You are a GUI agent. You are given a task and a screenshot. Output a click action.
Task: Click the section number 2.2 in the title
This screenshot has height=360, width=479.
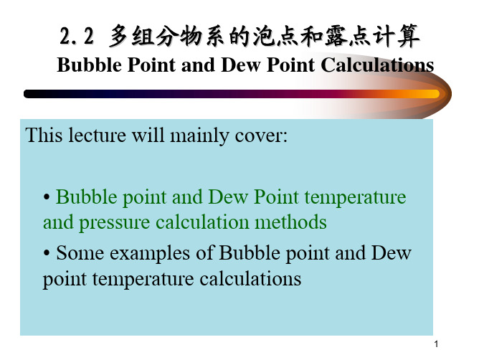click(x=77, y=37)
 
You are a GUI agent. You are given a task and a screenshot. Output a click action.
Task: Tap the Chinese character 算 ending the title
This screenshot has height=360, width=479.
click(x=408, y=36)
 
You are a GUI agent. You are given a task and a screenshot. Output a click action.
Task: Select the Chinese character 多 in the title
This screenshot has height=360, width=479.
click(x=118, y=36)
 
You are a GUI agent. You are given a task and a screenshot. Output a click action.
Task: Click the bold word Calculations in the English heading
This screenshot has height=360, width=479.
click(x=377, y=65)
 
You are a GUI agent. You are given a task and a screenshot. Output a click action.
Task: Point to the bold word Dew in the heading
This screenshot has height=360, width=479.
click(x=241, y=65)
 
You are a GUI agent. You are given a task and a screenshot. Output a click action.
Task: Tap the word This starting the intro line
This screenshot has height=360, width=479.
click(x=44, y=135)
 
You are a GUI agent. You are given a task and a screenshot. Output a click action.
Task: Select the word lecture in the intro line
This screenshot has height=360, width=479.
click(x=97, y=135)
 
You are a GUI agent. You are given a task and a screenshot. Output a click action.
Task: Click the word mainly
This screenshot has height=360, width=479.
click(x=199, y=136)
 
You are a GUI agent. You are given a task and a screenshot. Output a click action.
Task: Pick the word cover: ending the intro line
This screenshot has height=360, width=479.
click(x=261, y=136)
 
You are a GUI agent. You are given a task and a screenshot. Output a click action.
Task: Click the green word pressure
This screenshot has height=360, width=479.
click(x=115, y=223)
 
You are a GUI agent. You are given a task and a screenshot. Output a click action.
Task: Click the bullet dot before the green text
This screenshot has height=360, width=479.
click(x=47, y=196)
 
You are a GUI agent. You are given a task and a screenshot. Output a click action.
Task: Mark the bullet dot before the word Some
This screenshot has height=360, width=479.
click(x=47, y=253)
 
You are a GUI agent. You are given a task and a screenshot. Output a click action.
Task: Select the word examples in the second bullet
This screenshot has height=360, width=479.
click(x=150, y=255)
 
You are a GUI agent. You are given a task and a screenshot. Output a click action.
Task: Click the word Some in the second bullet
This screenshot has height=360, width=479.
click(x=80, y=253)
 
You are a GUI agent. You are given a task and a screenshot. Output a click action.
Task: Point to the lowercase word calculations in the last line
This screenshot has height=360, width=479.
click(x=250, y=279)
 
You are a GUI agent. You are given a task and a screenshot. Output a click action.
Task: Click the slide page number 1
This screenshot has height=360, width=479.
click(x=436, y=344)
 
